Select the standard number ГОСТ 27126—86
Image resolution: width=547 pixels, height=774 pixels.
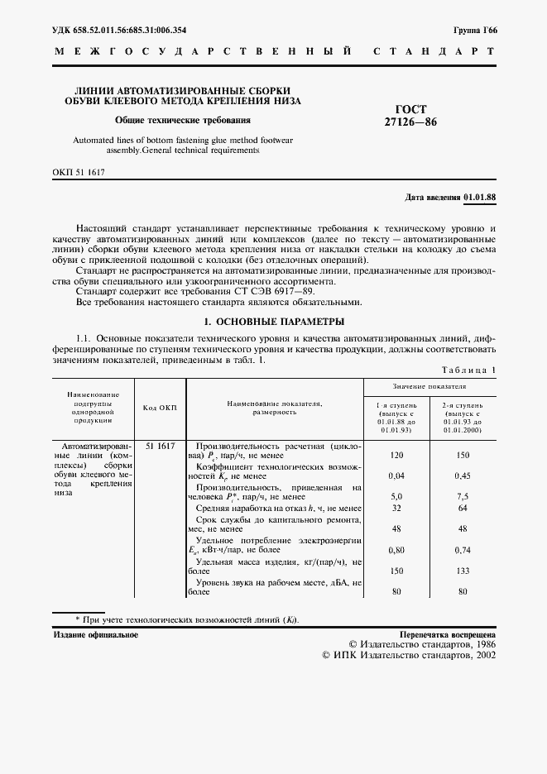410,115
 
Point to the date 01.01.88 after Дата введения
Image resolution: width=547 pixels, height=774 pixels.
479,198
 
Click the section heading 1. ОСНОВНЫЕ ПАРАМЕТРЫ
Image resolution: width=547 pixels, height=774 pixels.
274,322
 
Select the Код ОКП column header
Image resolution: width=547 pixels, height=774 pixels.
160,408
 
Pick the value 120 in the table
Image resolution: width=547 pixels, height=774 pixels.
396,456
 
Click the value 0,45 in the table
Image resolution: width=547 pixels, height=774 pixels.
462,476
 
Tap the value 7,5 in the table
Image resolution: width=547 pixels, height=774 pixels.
462,497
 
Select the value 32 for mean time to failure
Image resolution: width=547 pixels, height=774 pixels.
396,508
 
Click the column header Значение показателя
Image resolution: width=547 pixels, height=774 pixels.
429,386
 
